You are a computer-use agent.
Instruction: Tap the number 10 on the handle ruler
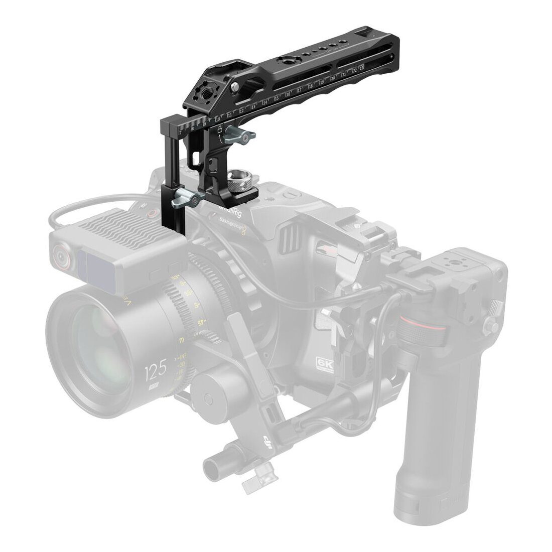[x=218, y=119]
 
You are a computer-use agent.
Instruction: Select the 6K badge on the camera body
[x=325, y=365]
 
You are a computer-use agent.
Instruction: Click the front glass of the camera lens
[x=100, y=341]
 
